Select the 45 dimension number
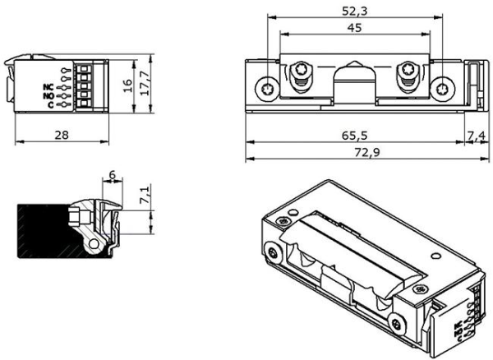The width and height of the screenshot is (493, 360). (x=354, y=28)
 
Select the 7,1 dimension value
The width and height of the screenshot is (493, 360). (x=145, y=196)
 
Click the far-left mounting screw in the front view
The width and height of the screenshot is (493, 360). (x=268, y=85)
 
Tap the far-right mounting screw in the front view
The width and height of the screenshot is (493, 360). (x=444, y=85)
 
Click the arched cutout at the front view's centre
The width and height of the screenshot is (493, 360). (x=355, y=82)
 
